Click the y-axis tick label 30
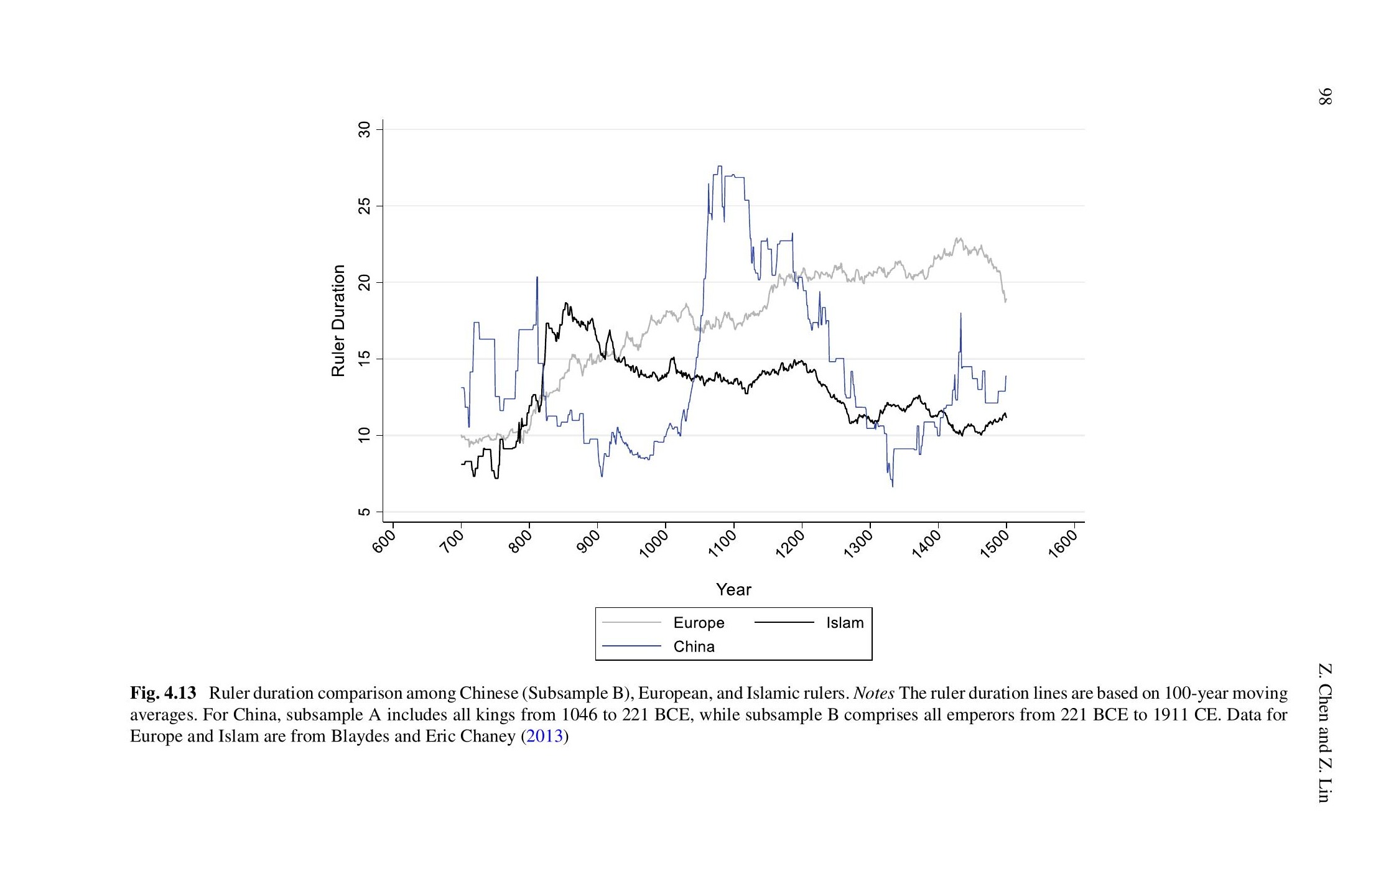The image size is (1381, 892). pos(365,129)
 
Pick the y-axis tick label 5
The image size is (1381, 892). pos(365,512)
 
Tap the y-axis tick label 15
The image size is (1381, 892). pos(365,359)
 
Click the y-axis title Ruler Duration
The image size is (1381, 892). pos(338,320)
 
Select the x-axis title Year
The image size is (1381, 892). pos(733,589)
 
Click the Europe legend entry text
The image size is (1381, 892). pos(699,623)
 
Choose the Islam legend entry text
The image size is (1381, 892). pos(844,623)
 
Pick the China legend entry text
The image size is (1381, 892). pos(694,646)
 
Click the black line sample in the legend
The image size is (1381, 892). pos(784,622)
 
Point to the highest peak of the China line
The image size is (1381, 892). pos(720,167)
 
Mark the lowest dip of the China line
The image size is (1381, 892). pos(893,485)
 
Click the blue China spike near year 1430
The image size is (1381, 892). pos(960,314)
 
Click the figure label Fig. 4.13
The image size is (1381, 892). pos(163,693)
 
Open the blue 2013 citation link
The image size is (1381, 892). pos(544,737)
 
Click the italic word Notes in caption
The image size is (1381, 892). pos(874,693)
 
